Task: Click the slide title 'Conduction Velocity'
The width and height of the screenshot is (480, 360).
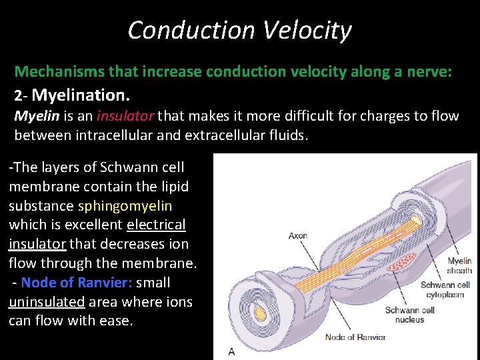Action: pyautogui.click(x=239, y=30)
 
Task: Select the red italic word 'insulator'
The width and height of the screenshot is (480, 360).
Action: pyautogui.click(x=125, y=116)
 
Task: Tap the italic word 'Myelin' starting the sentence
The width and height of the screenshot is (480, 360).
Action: pyautogui.click(x=37, y=116)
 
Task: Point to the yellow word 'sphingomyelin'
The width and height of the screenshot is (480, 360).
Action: pyautogui.click(x=125, y=206)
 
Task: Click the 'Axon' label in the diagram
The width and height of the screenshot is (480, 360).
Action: pyautogui.click(x=298, y=235)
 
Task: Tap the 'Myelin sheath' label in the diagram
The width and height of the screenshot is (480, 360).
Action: pyautogui.click(x=459, y=265)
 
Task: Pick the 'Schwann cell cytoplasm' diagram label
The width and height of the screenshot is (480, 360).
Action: pyautogui.click(x=445, y=289)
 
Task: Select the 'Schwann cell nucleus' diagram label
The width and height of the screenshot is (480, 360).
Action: pyautogui.click(x=409, y=315)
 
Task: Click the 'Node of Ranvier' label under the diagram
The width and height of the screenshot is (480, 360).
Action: pyautogui.click(x=355, y=337)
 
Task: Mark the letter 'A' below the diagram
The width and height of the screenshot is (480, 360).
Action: pyautogui.click(x=231, y=351)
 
